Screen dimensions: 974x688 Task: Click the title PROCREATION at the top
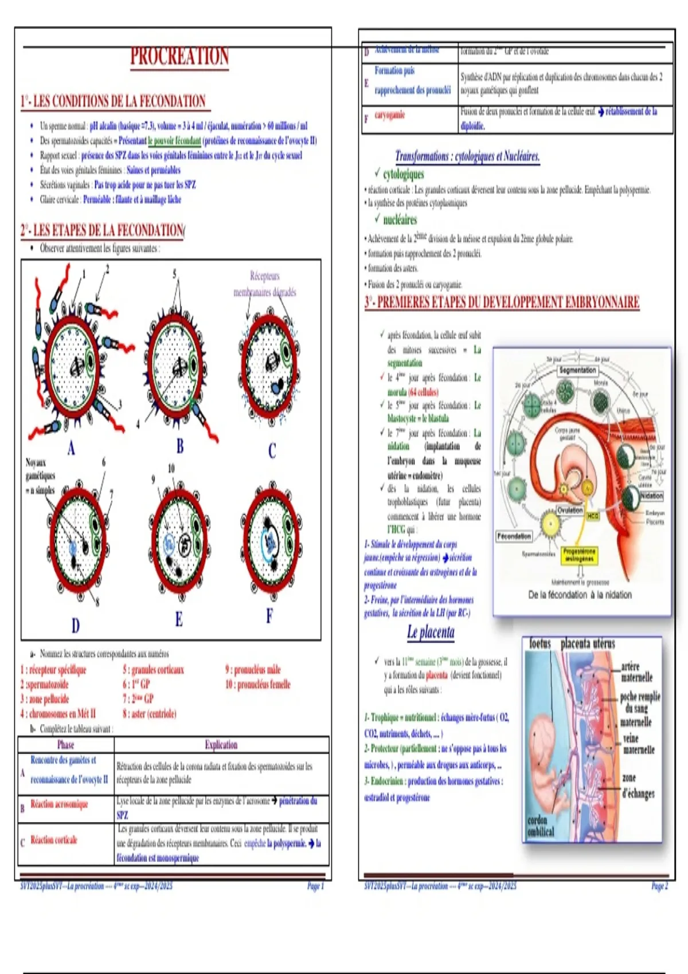pyautogui.click(x=179, y=57)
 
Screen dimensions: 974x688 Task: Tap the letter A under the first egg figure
pyautogui.click(x=71, y=447)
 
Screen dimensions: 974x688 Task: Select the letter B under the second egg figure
pyautogui.click(x=180, y=446)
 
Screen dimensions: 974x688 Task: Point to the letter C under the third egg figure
pyautogui.click(x=272, y=451)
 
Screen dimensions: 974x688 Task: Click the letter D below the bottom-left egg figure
pyautogui.click(x=76, y=625)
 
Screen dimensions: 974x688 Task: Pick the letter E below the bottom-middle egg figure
pyautogui.click(x=179, y=619)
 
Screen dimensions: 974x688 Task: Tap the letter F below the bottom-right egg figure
pyautogui.click(x=269, y=616)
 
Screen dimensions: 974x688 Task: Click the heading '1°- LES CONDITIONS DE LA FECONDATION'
pyautogui.click(x=114, y=102)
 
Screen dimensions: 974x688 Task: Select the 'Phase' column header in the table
pyautogui.click(x=65, y=745)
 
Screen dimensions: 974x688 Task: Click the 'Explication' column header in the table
pyautogui.click(x=221, y=745)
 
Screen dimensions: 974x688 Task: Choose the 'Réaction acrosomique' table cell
pyautogui.click(x=59, y=804)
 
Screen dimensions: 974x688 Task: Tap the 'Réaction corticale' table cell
pyautogui.click(x=54, y=840)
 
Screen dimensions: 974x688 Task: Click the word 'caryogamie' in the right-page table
pyautogui.click(x=390, y=115)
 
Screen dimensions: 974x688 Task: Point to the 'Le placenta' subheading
pyautogui.click(x=431, y=633)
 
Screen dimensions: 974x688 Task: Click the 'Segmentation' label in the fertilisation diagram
pyautogui.click(x=577, y=371)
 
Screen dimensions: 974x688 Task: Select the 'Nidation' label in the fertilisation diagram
pyautogui.click(x=651, y=496)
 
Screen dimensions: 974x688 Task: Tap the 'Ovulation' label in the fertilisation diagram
pyautogui.click(x=570, y=510)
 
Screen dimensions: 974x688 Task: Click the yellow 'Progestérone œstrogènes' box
pyautogui.click(x=580, y=555)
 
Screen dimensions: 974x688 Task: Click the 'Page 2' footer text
pyautogui.click(x=659, y=886)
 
